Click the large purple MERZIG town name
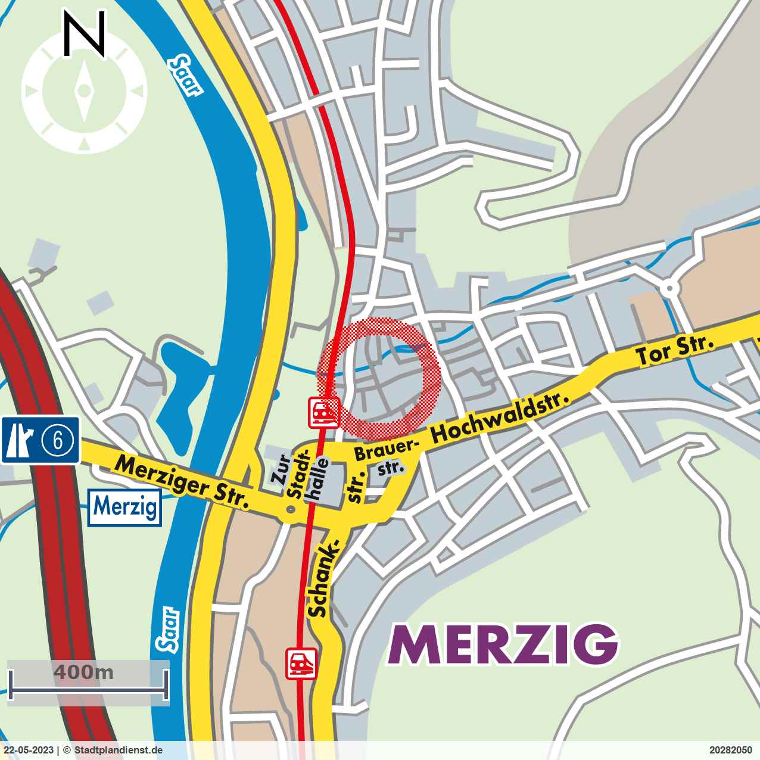[503, 644]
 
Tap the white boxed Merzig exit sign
[126, 507]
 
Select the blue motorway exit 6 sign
[41, 440]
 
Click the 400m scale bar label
[83, 672]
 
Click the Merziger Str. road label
[182, 483]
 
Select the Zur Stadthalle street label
[298, 476]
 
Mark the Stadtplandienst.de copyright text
[117, 750]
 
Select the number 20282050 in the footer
[731, 750]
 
